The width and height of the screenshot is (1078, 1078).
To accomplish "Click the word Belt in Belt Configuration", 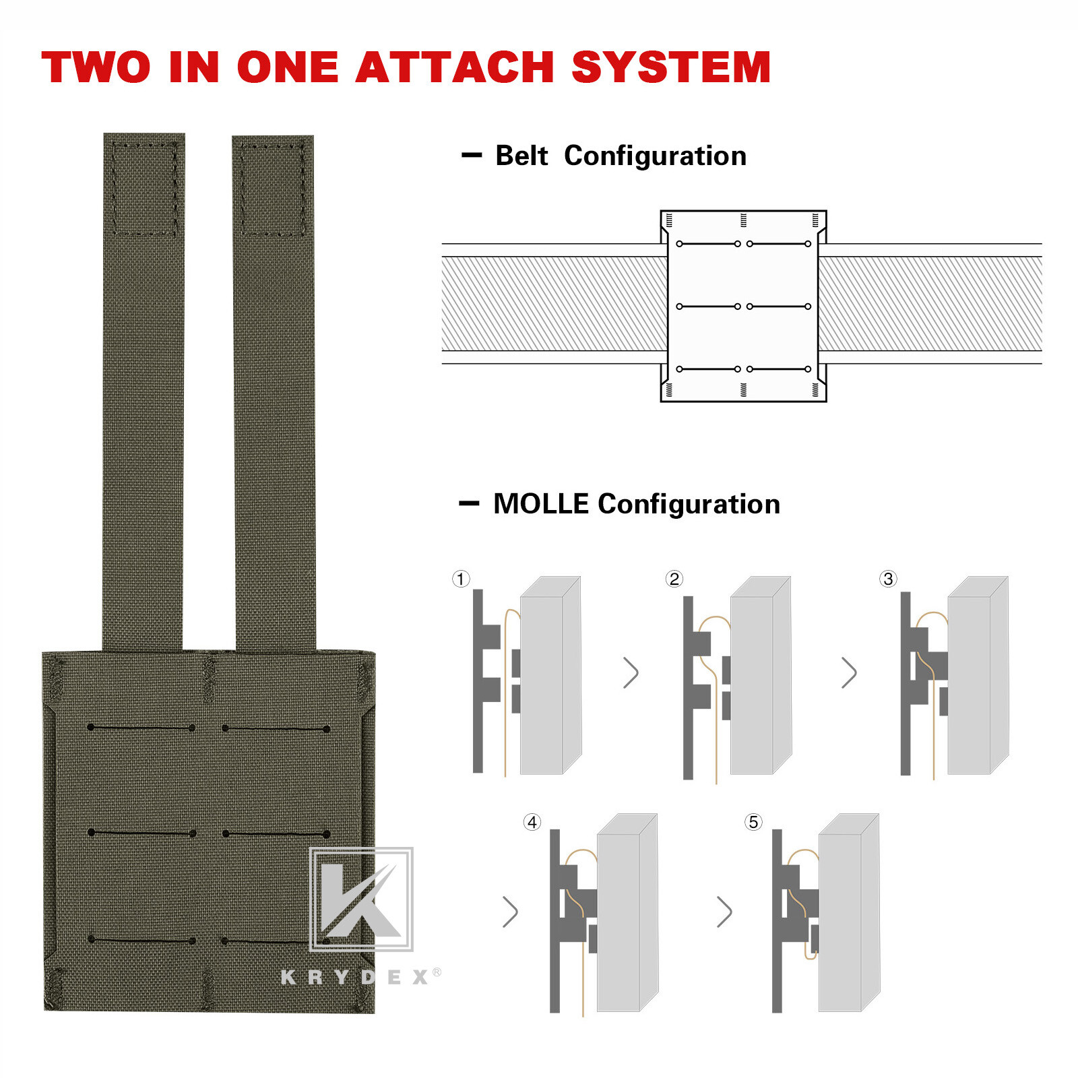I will pos(521,156).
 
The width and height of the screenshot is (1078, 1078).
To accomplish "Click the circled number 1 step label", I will pos(461,579).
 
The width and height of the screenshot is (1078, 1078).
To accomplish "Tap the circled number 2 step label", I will pos(674,579).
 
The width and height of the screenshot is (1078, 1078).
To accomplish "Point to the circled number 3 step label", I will pos(888,579).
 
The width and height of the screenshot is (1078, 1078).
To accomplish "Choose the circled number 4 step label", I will pos(532,822).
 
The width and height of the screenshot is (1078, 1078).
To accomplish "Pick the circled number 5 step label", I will pos(753,822).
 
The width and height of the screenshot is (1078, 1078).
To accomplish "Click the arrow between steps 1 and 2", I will pos(631,672).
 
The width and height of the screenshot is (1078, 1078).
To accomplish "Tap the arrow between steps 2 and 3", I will pos(849,672).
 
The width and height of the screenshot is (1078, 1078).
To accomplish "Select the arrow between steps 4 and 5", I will pos(724,912).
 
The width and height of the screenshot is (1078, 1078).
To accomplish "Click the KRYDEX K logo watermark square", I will pos(361,899).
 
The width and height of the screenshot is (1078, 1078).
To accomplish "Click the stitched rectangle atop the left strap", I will pos(144,188).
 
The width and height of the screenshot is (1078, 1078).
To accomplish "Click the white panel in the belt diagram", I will pos(743,306).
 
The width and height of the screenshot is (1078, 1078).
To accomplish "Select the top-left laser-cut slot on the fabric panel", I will pos(141,728).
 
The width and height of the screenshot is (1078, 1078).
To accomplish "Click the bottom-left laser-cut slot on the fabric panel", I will pos(141,939).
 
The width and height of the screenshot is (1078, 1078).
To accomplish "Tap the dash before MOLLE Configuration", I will pos(469,503).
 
